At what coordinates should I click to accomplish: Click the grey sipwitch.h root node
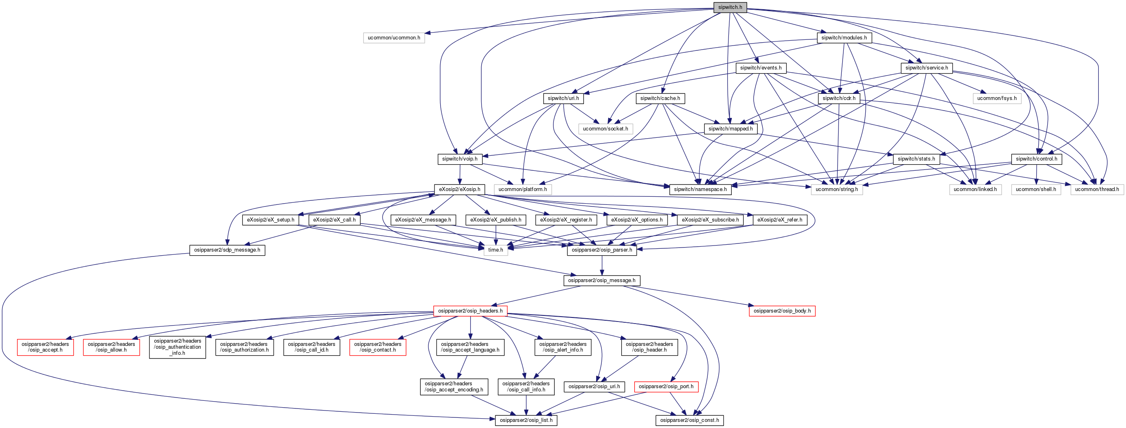click(x=730, y=7)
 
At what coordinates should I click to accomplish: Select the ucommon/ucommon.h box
click(x=393, y=38)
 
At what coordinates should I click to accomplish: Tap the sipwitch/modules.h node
click(x=844, y=38)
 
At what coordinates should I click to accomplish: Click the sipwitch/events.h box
click(x=761, y=68)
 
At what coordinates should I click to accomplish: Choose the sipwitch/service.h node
click(x=926, y=68)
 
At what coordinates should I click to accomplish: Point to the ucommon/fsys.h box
click(x=996, y=98)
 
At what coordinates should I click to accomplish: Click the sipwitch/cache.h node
click(x=659, y=98)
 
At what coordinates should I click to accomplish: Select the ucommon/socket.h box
click(x=605, y=129)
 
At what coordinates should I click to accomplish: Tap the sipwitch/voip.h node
click(x=459, y=159)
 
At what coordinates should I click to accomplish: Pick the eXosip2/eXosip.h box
click(x=459, y=189)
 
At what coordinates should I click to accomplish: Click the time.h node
click(x=495, y=250)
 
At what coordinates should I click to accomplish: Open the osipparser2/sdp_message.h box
click(x=227, y=250)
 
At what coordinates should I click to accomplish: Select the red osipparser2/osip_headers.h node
click(x=470, y=311)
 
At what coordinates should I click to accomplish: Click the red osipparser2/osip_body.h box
click(x=782, y=311)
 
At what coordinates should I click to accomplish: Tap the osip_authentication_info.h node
click(x=177, y=347)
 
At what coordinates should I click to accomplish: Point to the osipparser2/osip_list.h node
click(x=526, y=420)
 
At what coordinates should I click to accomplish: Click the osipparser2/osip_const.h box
click(x=689, y=420)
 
